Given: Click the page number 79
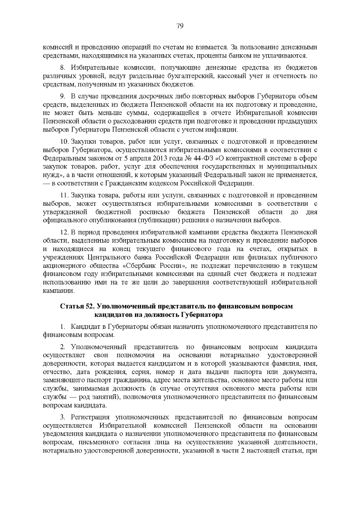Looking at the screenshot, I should pyautogui.click(x=180, y=26).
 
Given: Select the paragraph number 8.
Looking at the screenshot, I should pyautogui.click(x=62, y=67).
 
